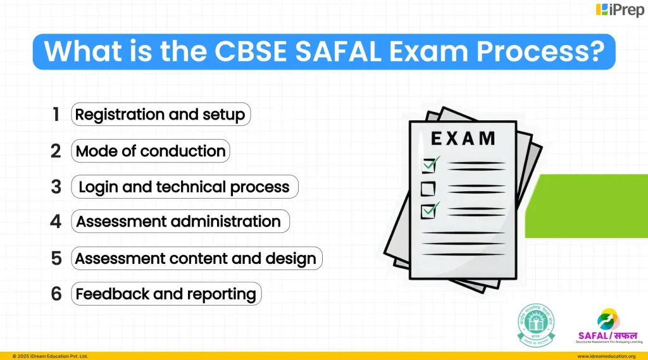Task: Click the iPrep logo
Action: coord(620,10)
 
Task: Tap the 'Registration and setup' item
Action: coord(160,115)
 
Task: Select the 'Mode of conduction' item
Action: coord(151,151)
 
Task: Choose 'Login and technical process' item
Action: coord(184,187)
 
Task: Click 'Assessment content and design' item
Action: coord(196,258)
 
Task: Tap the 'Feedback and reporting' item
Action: coord(166,294)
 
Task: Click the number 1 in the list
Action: coord(56,115)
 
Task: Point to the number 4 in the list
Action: coord(56,222)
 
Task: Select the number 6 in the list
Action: coord(56,294)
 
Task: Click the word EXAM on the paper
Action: coord(463,138)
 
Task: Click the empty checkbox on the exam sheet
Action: coord(428,188)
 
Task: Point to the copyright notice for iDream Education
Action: coord(50,356)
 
